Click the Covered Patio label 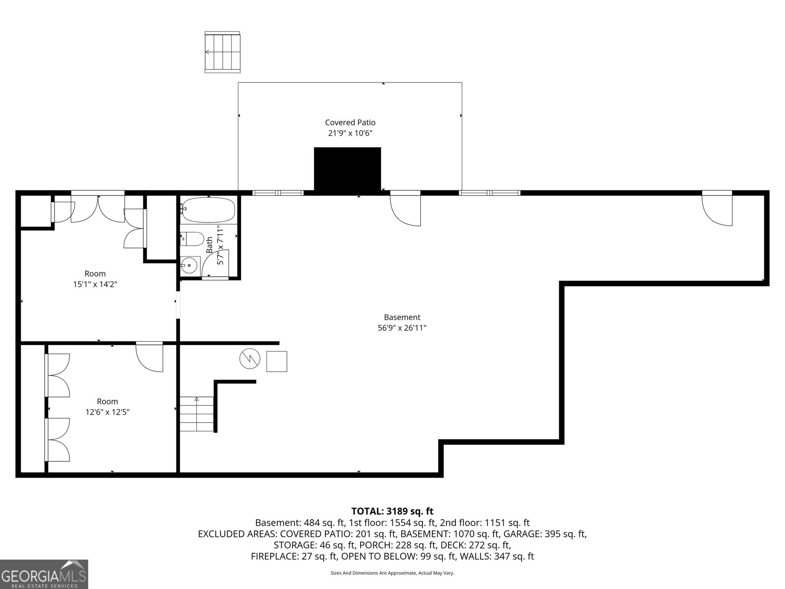(x=350, y=123)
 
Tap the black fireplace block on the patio (x=347, y=168)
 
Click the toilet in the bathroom (x=192, y=239)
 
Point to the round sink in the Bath (x=189, y=266)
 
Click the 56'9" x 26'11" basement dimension (x=402, y=328)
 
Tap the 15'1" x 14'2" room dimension (x=95, y=284)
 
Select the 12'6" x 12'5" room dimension (x=107, y=412)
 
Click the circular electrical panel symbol (x=250, y=359)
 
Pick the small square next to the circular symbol (x=277, y=361)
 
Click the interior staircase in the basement (x=196, y=414)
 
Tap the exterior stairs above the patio (x=223, y=52)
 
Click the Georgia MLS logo (x=44, y=574)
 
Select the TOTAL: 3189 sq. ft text (x=392, y=511)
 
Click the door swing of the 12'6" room (x=149, y=357)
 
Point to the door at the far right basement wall (x=717, y=209)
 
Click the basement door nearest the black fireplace (x=406, y=209)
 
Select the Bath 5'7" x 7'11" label (x=215, y=244)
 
